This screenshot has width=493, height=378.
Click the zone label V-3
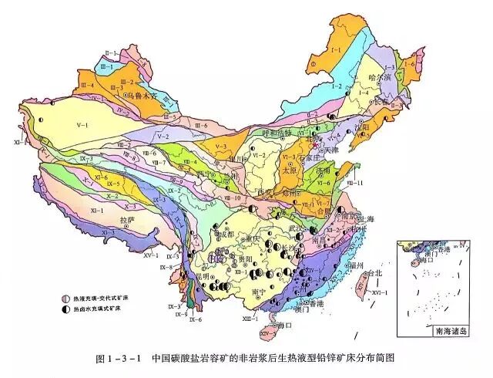pyautogui.click(x=222, y=145)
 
